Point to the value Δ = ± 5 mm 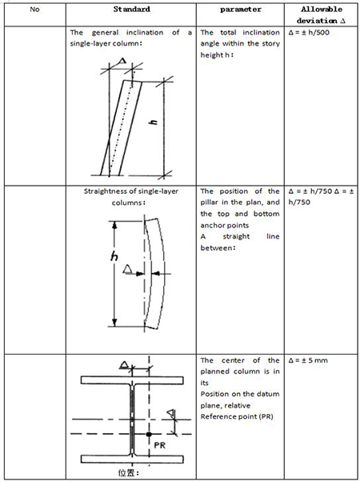coord(308,360)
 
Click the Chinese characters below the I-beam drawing coord(129,472)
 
